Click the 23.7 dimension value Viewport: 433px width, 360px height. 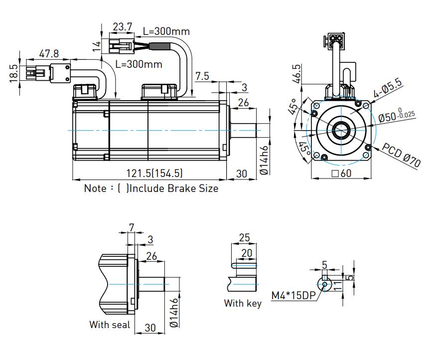(x=122, y=26)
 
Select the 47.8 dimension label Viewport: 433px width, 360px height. (x=49, y=53)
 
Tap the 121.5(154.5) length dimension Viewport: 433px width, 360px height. (x=154, y=173)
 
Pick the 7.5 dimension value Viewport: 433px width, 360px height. (x=202, y=76)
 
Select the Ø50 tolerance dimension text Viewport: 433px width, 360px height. (x=397, y=116)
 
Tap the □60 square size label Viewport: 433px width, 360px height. (x=342, y=174)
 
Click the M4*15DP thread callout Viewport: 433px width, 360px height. (x=293, y=295)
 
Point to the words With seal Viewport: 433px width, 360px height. (x=110, y=325)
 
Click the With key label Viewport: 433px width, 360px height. (x=243, y=303)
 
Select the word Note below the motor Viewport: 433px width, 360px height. (x=95, y=188)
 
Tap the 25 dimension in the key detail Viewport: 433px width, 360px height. (x=244, y=237)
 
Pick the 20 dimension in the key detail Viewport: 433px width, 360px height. (x=247, y=253)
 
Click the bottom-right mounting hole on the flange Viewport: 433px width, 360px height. (x=368, y=148)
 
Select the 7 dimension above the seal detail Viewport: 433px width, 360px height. (x=131, y=227)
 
